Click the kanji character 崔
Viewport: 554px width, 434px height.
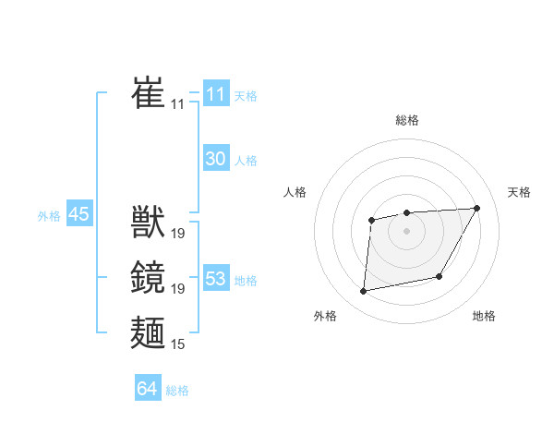tap(148, 93)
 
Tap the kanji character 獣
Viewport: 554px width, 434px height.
tap(148, 223)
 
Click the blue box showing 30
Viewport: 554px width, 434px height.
tap(216, 159)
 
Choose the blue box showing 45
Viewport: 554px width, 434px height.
tap(78, 214)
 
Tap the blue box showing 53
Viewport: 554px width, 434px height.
tap(216, 279)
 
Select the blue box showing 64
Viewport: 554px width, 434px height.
tap(147, 389)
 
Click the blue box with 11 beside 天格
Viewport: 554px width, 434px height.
tap(216, 94)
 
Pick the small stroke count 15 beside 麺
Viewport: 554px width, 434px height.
tap(178, 344)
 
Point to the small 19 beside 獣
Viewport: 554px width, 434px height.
tap(178, 234)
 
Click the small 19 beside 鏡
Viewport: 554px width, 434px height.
tap(178, 289)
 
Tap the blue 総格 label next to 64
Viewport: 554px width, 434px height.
tap(177, 391)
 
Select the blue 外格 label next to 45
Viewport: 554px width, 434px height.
tap(49, 216)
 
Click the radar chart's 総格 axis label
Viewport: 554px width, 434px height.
tap(407, 120)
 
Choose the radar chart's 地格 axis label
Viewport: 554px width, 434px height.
tap(484, 316)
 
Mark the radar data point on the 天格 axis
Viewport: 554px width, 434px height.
tap(476, 208)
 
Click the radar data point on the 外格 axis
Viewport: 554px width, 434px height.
tap(364, 292)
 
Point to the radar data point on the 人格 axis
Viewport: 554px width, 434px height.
tap(371, 220)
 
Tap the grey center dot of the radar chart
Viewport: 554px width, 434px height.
tap(407, 231)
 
